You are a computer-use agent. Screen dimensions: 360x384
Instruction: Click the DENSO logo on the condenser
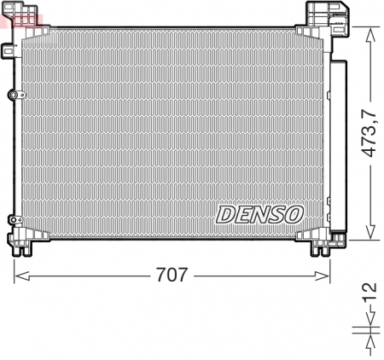point(259,213)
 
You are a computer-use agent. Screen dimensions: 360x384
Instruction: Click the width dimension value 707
point(172,276)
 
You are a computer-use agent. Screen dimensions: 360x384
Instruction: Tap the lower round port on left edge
point(11,218)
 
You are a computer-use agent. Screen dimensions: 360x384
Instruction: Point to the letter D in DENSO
point(224,213)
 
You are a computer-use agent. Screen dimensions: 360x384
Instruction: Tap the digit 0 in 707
point(172,276)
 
